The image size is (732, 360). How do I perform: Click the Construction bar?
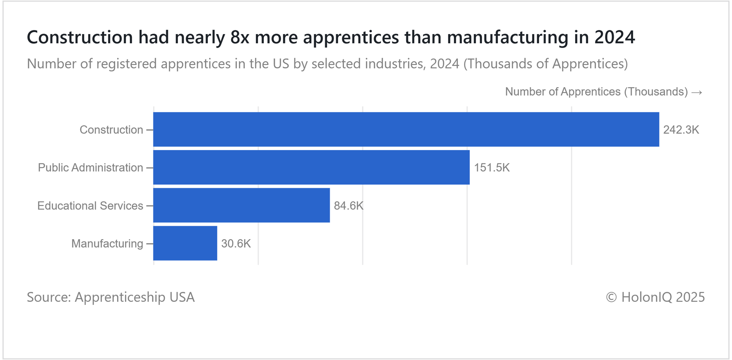406,129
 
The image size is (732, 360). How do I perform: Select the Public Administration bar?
311,167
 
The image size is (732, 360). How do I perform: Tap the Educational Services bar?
241,205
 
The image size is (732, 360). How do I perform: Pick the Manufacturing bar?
185,243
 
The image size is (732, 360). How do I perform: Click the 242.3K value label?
681,130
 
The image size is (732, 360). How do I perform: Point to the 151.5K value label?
492,168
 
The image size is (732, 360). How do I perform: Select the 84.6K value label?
348,206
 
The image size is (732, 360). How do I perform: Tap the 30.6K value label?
236,244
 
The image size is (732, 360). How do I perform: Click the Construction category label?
111,130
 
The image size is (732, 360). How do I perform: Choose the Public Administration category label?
90,168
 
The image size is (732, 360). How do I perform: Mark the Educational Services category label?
90,206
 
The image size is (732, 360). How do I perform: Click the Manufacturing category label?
107,244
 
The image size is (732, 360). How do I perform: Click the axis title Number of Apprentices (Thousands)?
596,92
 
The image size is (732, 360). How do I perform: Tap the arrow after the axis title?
697,92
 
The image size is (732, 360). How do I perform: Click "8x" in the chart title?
240,37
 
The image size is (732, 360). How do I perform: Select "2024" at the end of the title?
615,37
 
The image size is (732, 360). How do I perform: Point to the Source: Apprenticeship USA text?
111,297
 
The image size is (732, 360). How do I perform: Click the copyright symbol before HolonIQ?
611,297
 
